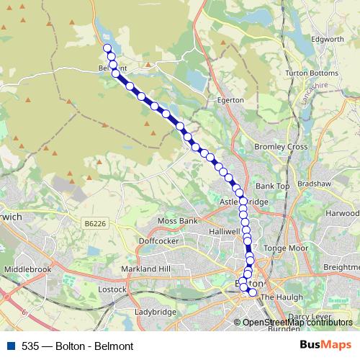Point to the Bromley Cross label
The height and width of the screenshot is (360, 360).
281,147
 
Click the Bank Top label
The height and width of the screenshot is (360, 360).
272,186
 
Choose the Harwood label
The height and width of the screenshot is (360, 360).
343,214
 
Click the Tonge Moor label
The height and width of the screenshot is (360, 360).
285,248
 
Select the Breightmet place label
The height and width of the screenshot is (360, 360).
341,266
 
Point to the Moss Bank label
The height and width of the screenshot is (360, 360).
177,220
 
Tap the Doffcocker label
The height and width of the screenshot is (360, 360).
157,241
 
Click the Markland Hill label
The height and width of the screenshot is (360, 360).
145,269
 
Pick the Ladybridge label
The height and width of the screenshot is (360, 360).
155,312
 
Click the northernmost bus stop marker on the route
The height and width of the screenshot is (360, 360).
107,48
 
